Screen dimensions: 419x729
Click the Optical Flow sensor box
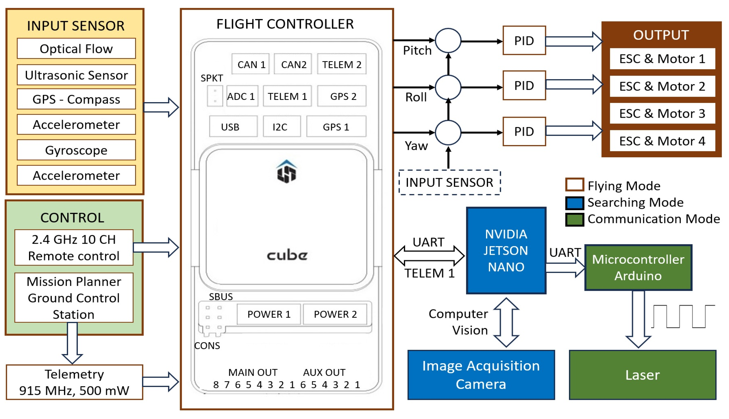tap(76, 49)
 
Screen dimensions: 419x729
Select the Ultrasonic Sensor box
tap(76, 75)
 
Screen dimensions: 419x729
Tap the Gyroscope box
tap(76, 150)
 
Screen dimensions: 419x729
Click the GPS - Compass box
tap(76, 99)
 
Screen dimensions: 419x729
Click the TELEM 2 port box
tap(342, 64)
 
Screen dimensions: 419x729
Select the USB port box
tap(233, 127)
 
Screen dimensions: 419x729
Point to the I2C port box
tap(282, 127)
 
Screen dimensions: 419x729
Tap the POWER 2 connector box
tap(335, 314)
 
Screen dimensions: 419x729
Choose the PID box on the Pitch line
tap(524, 41)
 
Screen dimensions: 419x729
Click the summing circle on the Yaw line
tap(448, 133)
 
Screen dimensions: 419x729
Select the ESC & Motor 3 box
tap(662, 113)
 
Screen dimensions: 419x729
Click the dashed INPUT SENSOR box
tap(450, 182)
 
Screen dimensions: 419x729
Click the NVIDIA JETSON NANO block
tap(506, 250)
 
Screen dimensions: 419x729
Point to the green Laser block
tap(642, 375)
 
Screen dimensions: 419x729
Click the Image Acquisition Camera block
tap(481, 375)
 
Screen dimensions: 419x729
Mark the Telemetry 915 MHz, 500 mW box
tap(74, 382)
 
